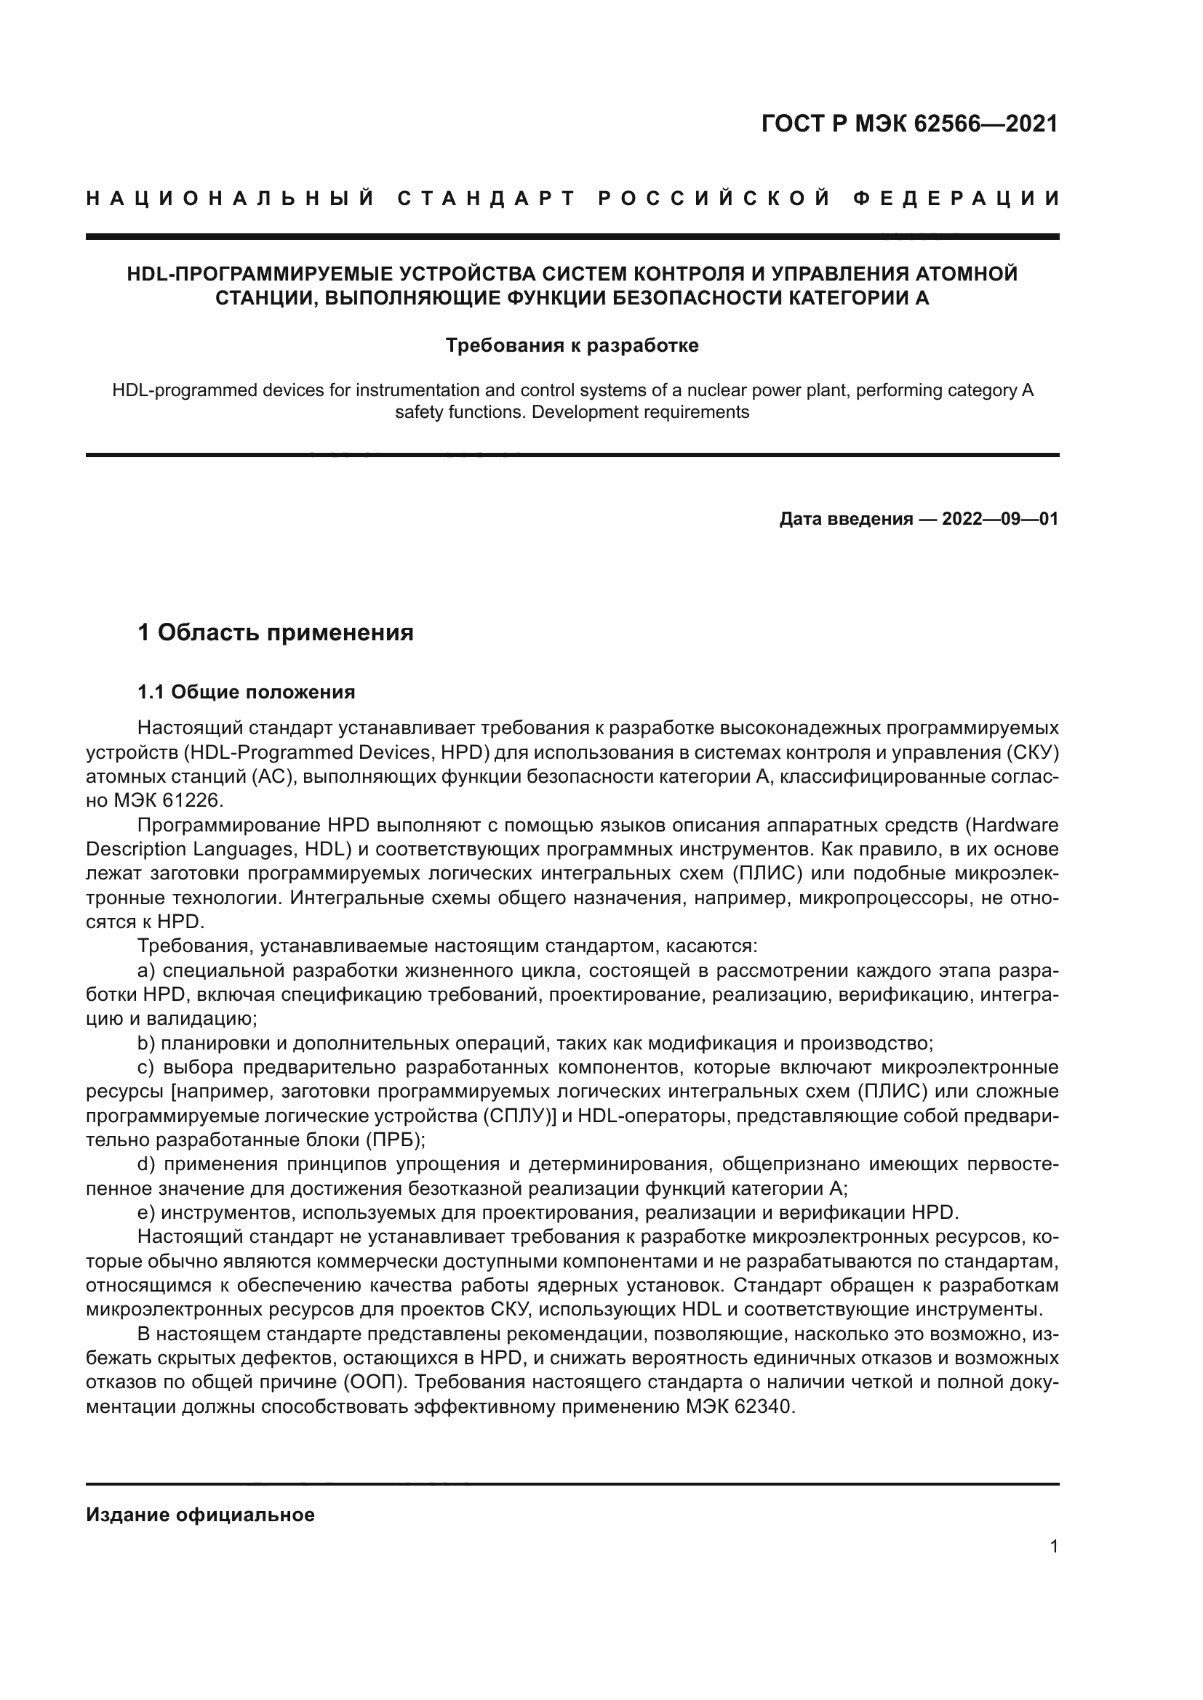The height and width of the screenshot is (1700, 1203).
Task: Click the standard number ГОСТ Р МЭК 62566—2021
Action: click(x=910, y=124)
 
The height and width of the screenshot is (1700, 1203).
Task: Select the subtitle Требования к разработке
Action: click(x=572, y=346)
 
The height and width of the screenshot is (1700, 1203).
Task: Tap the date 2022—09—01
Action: click(x=1000, y=519)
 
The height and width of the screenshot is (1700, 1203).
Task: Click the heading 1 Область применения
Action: click(x=276, y=633)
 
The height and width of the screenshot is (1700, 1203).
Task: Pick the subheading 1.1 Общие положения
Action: click(x=246, y=693)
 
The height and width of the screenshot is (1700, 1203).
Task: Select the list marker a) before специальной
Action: click(x=146, y=971)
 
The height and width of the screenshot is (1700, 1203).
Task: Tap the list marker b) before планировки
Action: click(x=146, y=1043)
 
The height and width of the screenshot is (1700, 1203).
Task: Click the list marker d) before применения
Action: click(x=146, y=1164)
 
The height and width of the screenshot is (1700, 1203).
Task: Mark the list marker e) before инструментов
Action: click(x=146, y=1213)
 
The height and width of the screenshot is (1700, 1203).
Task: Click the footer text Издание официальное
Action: click(x=200, y=1515)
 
